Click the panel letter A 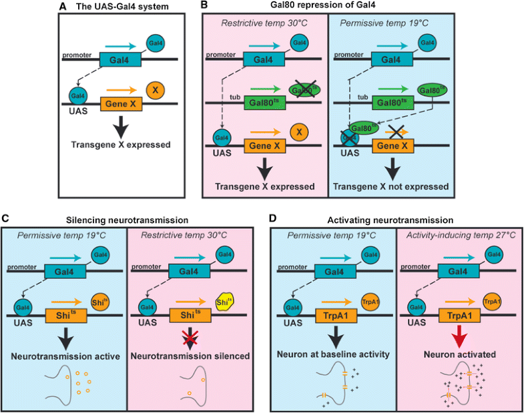(63, 7)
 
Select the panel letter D (275, 218)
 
